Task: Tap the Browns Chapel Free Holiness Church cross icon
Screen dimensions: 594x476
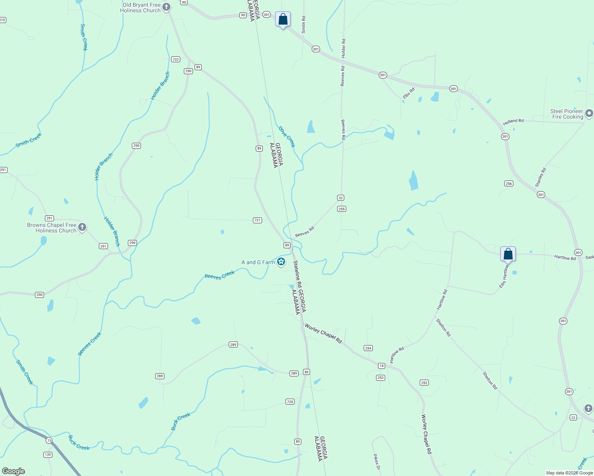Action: pos(82,227)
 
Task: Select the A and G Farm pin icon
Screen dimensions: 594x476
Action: pos(281,262)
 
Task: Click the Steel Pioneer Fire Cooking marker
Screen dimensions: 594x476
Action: pos(588,114)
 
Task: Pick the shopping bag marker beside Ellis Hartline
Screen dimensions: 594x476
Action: pos(508,254)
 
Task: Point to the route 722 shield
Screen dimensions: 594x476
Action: pos(175,59)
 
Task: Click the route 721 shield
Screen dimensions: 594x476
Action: pos(257,220)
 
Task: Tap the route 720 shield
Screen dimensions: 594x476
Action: pos(290,402)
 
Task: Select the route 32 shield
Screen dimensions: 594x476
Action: pos(341,198)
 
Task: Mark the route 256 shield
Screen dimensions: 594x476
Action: pos(509,183)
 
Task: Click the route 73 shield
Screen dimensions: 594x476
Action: pos(49,441)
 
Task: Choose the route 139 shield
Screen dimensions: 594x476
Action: pos(48,455)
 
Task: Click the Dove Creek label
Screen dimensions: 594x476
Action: pos(287,136)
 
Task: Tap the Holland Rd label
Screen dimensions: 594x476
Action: pos(513,121)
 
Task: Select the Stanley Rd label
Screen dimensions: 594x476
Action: pos(540,177)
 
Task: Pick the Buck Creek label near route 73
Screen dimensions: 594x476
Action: pos(79,443)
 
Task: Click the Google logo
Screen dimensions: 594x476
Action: pos(13,471)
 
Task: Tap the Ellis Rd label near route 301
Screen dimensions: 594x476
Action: pos(408,93)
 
